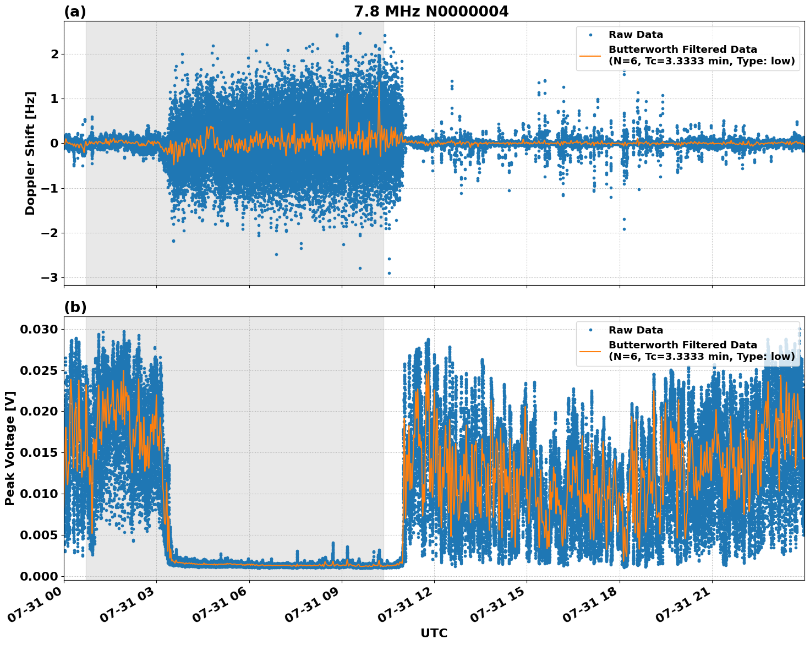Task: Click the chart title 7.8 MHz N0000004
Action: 431,11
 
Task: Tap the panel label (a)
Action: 75,12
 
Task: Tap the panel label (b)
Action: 75,307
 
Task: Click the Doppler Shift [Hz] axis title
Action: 30,153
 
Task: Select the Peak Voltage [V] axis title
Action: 9,448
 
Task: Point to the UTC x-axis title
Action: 434,633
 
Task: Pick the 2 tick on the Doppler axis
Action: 54,54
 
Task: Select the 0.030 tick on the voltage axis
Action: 39,329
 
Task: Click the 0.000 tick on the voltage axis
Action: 39,576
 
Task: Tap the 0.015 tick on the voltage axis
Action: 39,452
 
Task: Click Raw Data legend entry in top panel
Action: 636,35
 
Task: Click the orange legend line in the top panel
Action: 591,55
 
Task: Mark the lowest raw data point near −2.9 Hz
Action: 389,273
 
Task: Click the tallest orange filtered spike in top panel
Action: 379,84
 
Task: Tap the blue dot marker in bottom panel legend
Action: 591,330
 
